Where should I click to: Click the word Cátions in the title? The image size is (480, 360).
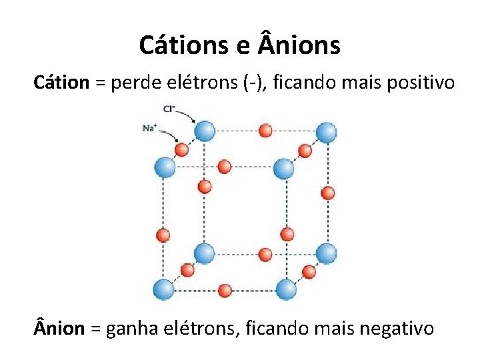(183, 45)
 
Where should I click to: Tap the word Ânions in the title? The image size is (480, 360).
(298, 45)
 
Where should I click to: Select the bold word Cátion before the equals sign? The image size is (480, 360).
(61, 83)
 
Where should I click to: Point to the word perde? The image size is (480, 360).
(134, 83)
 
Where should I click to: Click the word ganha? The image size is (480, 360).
(133, 329)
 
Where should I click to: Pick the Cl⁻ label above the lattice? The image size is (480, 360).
(169, 109)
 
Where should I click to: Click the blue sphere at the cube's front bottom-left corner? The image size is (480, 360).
(164, 289)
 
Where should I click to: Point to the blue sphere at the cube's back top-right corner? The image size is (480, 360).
(326, 131)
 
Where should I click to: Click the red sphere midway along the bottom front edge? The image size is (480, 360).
(225, 290)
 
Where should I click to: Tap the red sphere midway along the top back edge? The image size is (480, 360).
(265, 131)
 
